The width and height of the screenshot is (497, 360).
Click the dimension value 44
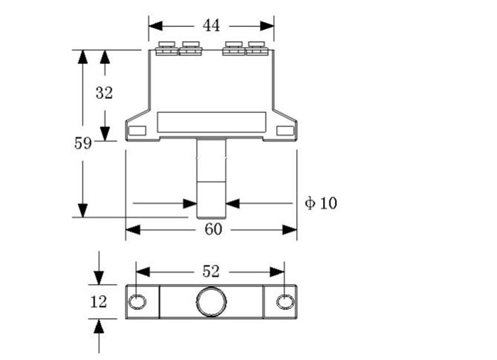(x=211, y=26)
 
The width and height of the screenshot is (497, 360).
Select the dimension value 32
(x=104, y=93)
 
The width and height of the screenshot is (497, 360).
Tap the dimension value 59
(x=83, y=143)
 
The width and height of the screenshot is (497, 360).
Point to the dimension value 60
(x=213, y=229)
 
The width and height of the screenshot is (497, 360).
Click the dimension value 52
(x=211, y=271)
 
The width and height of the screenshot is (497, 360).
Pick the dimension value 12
(x=99, y=302)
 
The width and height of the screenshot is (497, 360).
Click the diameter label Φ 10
(x=321, y=203)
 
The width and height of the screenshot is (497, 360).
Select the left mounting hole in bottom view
(x=137, y=302)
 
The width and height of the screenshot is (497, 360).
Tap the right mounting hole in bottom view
(x=285, y=302)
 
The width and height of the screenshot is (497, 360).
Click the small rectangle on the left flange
(x=137, y=130)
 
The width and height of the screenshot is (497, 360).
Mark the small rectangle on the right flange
(x=285, y=130)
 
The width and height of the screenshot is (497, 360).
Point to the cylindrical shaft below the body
(x=211, y=178)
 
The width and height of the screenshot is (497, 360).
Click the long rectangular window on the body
(x=211, y=121)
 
